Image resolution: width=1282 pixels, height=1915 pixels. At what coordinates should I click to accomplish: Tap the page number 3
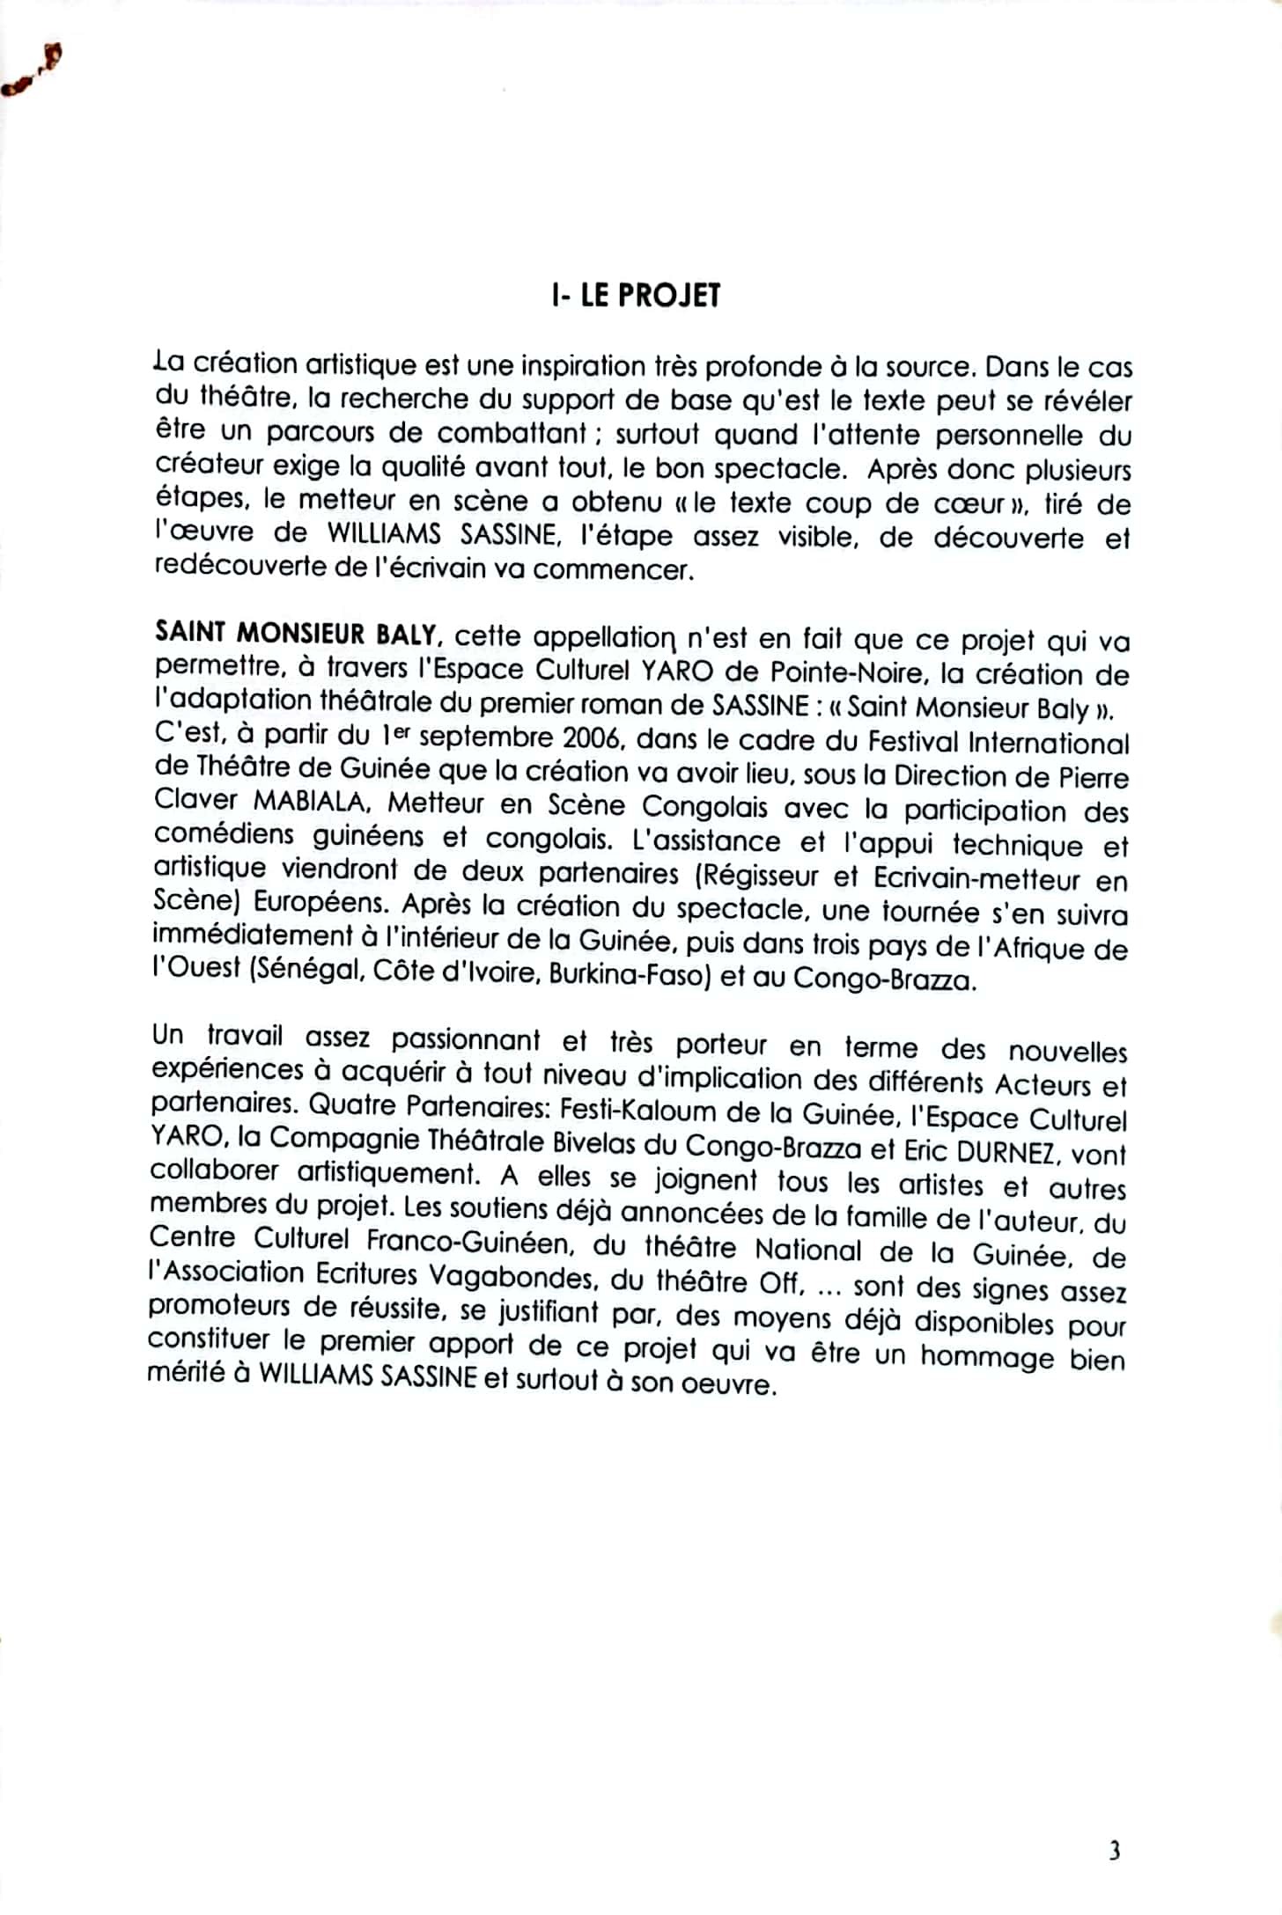1114,1853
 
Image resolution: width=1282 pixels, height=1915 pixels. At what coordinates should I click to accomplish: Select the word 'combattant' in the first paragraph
512,434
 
